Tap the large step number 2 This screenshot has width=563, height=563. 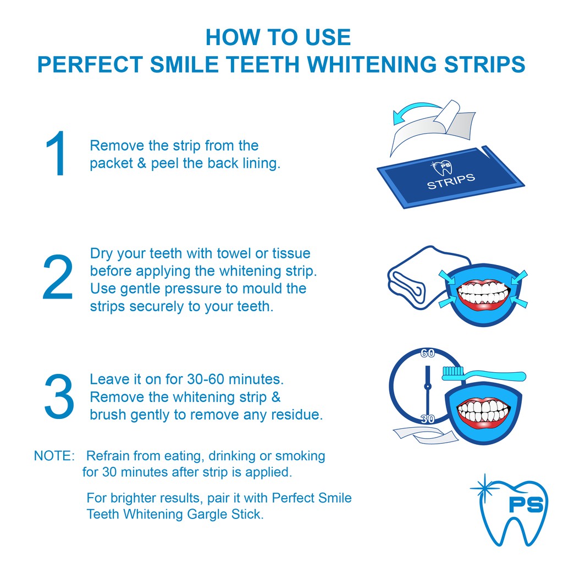(58, 277)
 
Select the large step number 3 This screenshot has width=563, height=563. (59, 396)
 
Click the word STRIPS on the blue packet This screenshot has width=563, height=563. (451, 181)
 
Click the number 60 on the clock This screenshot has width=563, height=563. (428, 354)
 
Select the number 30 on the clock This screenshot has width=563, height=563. (428, 418)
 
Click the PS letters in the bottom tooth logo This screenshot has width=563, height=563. (526, 504)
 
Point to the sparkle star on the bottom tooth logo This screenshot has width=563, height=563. (484, 488)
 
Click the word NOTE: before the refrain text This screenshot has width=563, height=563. (54, 456)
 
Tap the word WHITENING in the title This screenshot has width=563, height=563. (372, 64)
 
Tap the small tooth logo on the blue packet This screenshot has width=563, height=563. (441, 167)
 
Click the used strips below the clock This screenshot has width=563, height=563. (426, 434)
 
